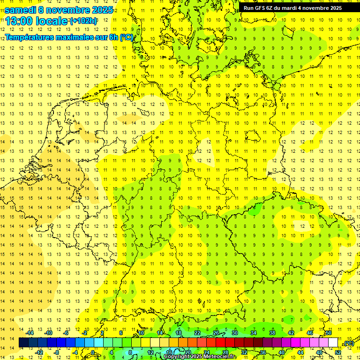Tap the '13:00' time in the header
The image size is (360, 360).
[x=20, y=21]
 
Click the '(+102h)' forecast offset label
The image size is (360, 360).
[x=83, y=21]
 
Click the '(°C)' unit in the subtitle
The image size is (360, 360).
[x=126, y=37]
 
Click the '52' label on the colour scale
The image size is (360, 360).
[x=338, y=352]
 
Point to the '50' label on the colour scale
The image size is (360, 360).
[x=329, y=333]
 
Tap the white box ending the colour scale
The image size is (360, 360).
[x=333, y=343]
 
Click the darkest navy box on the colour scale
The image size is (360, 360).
[x=23, y=343]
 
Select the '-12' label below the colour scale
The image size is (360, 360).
[x=39, y=352]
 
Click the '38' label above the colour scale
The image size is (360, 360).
[x=272, y=333]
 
